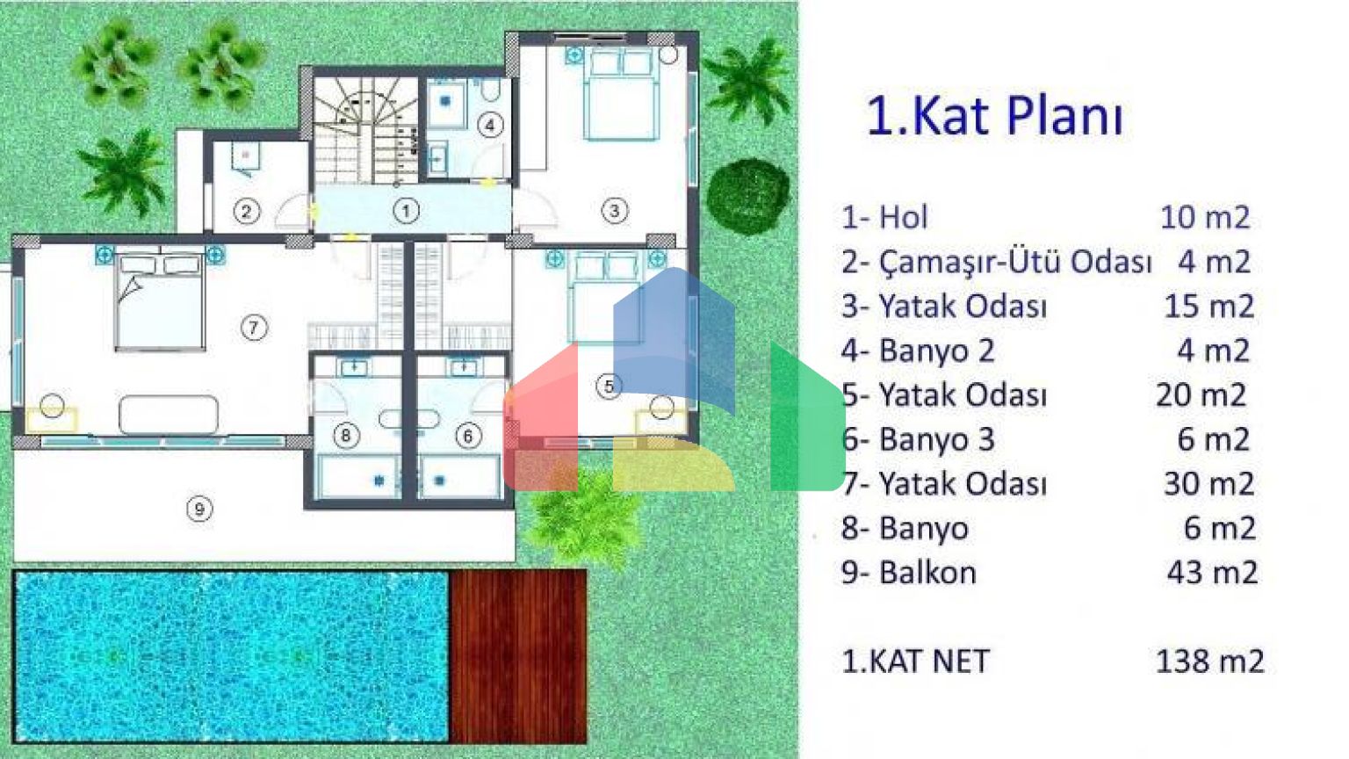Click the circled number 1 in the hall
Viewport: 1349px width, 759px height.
(406, 211)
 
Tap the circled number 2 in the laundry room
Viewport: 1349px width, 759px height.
(246, 212)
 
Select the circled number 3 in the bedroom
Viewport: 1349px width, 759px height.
(614, 211)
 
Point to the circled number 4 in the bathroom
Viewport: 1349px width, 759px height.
(489, 126)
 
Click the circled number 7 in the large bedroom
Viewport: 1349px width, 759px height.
(254, 329)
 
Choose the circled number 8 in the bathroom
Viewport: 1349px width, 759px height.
(346, 434)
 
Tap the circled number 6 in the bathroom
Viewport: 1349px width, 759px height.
(468, 435)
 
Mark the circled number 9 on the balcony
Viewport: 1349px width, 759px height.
(199, 510)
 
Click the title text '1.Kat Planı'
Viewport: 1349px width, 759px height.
(995, 116)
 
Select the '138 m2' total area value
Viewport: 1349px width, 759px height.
(1209, 661)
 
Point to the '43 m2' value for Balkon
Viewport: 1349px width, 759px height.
(1212, 573)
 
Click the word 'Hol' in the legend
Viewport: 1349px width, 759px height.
(904, 218)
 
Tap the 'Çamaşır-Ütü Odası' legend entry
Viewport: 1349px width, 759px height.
(1014, 262)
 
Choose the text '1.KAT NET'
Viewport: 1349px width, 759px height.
(915, 661)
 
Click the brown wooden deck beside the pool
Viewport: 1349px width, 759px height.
(518, 656)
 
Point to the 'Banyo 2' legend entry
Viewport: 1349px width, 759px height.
(936, 351)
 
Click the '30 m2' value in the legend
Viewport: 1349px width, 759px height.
(1208, 484)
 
